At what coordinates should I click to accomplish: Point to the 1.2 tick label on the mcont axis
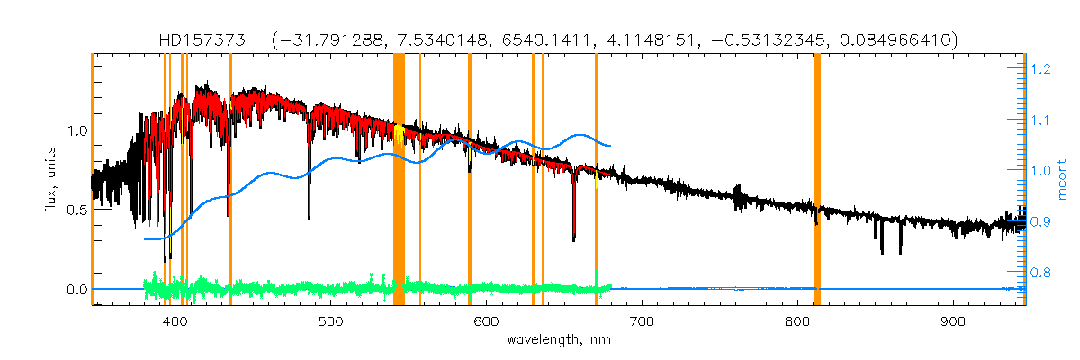click(x=1042, y=68)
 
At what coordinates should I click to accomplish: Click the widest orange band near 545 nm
click(x=399, y=180)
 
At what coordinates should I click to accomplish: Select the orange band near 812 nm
click(x=817, y=180)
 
